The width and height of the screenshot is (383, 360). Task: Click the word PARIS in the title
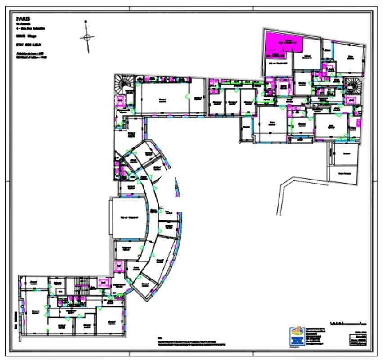[23, 19]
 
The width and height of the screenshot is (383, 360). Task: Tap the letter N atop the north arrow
[86, 21]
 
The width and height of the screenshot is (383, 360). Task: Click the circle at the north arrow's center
[87, 37]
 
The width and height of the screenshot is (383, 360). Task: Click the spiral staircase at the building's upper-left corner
[122, 83]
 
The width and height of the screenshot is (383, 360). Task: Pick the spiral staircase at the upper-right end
[352, 85]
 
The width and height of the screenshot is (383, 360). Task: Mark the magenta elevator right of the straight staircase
[104, 283]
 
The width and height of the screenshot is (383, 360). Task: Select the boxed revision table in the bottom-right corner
[358, 340]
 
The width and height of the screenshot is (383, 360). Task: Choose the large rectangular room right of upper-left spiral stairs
[162, 99]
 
